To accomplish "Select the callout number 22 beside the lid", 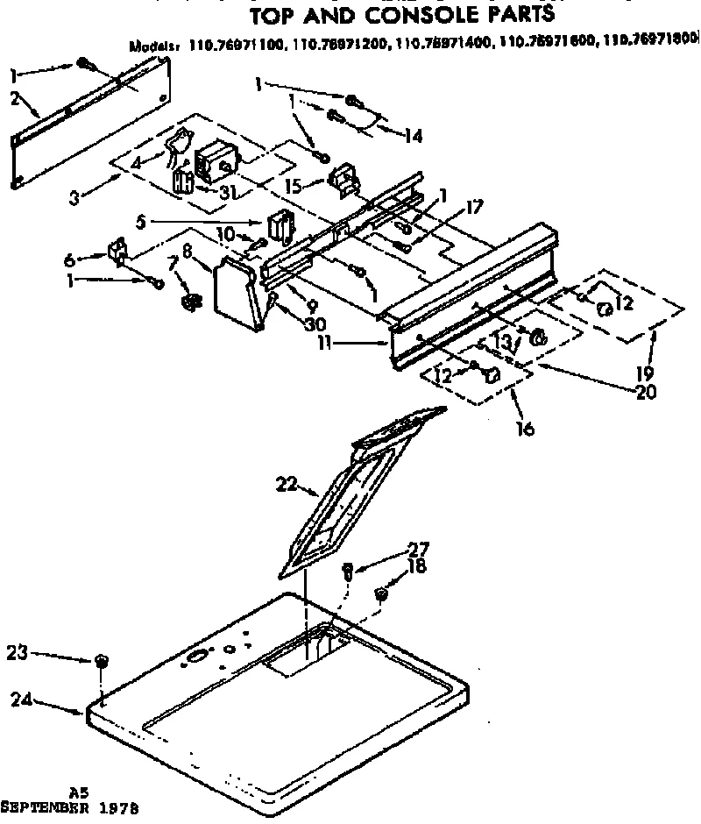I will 287,485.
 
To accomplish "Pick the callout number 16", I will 524,430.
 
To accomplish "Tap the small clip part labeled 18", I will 381,594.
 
